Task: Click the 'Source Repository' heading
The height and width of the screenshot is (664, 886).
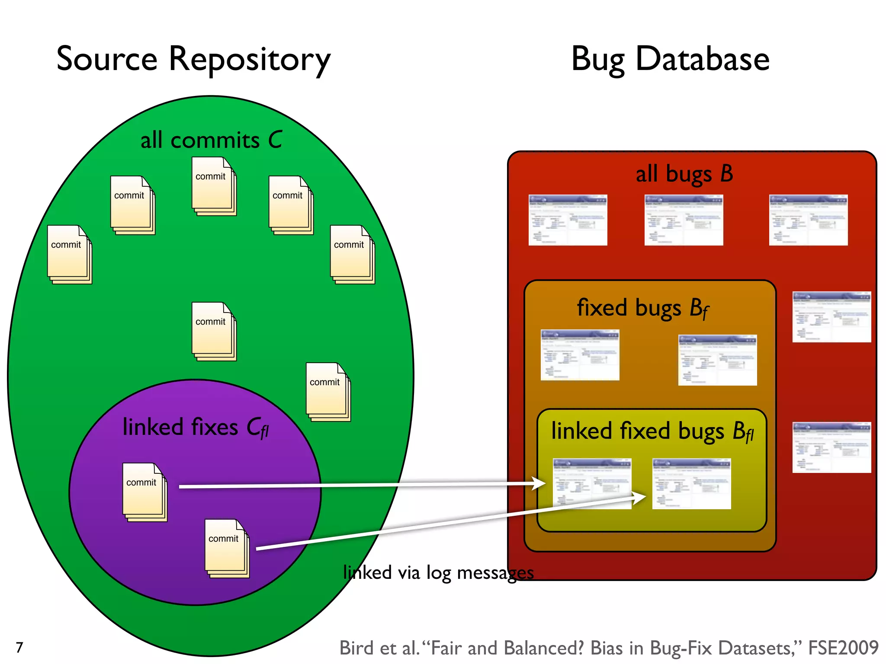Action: point(193,59)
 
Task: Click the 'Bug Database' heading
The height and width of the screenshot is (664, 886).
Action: point(670,59)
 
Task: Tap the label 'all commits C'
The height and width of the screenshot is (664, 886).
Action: point(211,140)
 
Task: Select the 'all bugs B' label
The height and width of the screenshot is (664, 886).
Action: point(684,174)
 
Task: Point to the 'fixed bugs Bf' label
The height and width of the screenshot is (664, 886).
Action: point(643,308)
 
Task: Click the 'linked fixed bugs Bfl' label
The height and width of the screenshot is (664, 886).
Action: point(652,431)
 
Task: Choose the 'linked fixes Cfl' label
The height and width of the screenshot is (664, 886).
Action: point(196,427)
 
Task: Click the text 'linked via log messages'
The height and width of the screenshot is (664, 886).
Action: point(438,573)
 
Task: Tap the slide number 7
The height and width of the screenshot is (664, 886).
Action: point(19,647)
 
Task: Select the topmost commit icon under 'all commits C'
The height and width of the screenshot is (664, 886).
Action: point(214,186)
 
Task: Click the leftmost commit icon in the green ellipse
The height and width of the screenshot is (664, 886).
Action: point(69,254)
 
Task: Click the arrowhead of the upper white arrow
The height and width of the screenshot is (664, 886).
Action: point(539,483)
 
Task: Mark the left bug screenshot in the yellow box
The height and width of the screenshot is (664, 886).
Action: point(592,483)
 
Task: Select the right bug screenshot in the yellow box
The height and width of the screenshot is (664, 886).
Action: point(691,483)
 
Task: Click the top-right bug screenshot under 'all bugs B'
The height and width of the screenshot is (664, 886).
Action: point(808,220)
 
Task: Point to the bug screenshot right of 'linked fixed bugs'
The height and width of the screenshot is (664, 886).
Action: point(831,447)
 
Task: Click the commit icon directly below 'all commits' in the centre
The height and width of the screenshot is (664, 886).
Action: point(214,331)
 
